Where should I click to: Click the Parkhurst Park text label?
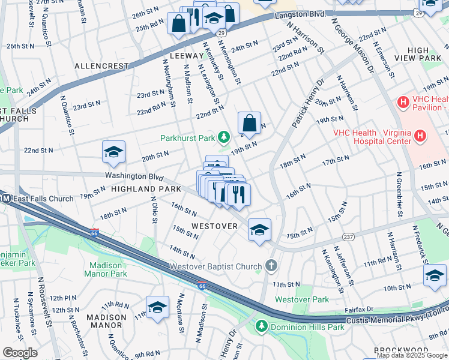coord(187,138)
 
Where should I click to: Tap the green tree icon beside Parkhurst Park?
coord(224,138)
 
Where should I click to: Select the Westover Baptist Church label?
coord(216,266)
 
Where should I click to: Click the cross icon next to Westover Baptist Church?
coord(271,266)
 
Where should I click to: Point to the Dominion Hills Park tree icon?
coord(261,326)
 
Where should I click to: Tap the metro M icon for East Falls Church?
coord(5,199)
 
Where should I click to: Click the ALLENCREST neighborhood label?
coord(101,65)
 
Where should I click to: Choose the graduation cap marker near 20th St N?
coord(113,152)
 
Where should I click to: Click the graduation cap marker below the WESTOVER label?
coord(259,230)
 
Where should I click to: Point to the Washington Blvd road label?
coord(134,176)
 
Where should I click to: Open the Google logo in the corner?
coord(20,353)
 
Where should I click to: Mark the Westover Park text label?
coord(302,299)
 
